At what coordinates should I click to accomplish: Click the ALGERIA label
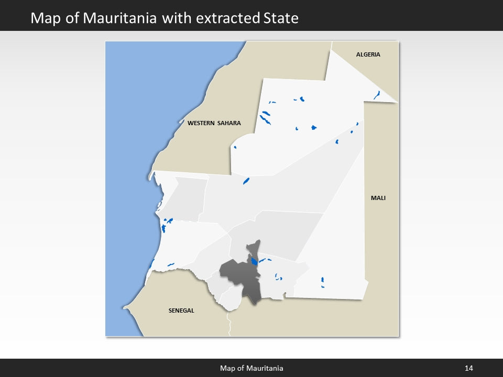point(368,54)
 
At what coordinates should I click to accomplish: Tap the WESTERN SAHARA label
point(214,124)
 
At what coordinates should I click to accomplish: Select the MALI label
point(378,198)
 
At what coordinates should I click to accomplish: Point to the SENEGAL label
point(181,311)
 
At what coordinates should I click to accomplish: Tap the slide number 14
point(468,368)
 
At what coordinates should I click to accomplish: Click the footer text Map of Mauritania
point(251,368)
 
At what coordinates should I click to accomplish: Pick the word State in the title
point(280,18)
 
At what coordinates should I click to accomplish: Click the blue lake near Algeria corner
point(377,95)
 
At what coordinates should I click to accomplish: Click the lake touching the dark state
point(254,261)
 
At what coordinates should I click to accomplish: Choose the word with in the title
point(177,18)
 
